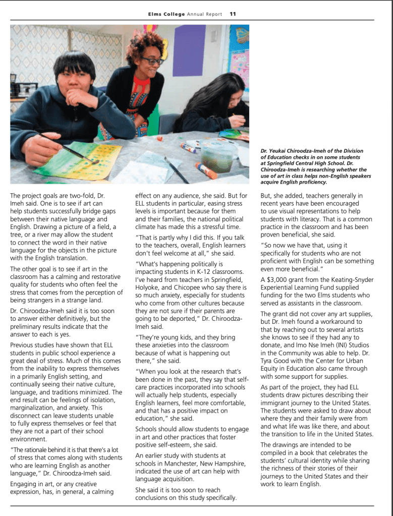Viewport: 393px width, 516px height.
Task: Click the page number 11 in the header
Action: [233, 14]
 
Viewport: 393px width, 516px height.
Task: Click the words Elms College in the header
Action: [163, 14]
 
